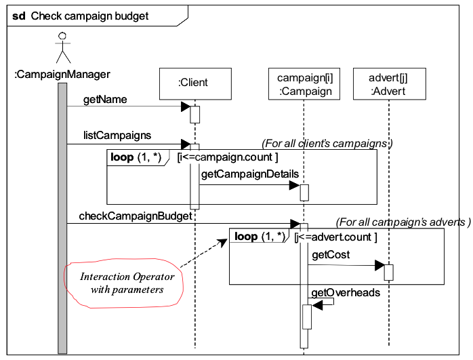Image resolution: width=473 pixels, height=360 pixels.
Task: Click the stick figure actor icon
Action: pos(62,47)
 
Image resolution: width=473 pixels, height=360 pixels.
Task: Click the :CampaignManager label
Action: pos(62,73)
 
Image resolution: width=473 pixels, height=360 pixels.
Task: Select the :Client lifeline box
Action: pos(193,83)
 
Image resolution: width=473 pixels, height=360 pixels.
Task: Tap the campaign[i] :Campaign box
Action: pos(304,83)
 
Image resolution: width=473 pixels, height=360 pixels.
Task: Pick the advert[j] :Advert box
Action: pos(389,83)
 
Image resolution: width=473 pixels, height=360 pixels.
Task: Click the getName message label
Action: pos(105,100)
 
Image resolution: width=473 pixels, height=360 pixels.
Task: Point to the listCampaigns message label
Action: pos(117,136)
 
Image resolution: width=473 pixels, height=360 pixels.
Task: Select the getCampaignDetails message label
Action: pos(249,174)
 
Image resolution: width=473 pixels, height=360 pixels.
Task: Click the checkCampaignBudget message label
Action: pos(135,216)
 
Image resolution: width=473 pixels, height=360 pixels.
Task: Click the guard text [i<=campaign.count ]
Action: pos(227,157)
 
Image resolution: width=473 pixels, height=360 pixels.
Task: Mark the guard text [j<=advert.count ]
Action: pos(335,237)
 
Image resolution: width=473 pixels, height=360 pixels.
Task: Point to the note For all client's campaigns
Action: pos(327,143)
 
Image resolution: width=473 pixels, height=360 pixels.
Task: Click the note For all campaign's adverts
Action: pos(403,222)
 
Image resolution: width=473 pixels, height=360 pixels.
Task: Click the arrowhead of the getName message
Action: pos(185,106)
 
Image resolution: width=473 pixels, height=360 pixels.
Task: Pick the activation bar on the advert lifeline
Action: pos(389,272)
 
